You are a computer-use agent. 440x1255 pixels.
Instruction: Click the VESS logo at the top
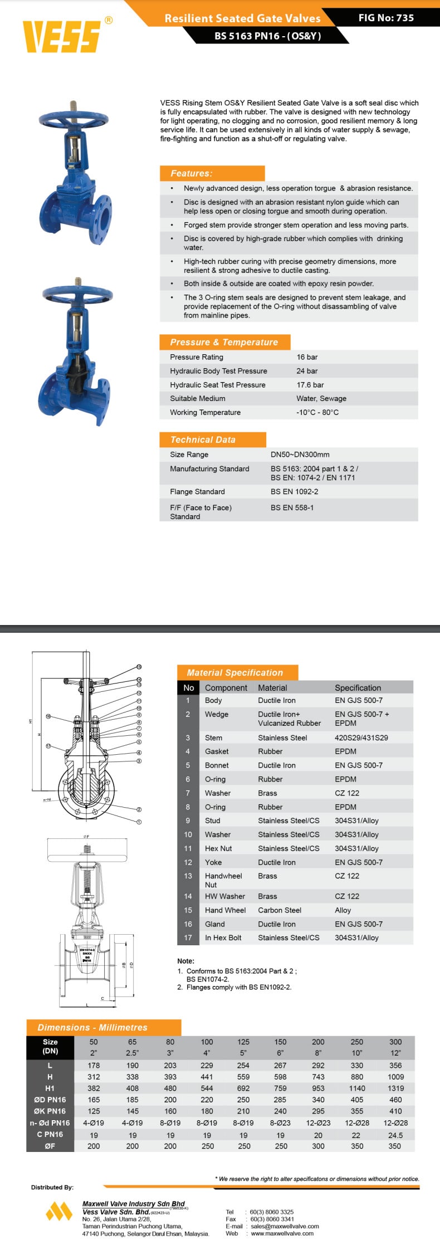[x=61, y=36]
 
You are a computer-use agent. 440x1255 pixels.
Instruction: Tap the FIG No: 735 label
[x=386, y=18]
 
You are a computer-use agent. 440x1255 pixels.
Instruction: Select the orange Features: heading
[x=192, y=173]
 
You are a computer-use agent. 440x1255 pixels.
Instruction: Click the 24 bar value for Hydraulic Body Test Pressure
[x=307, y=371]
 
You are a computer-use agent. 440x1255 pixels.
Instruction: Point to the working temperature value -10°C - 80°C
[x=317, y=413]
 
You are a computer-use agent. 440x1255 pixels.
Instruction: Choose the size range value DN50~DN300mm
[x=300, y=455]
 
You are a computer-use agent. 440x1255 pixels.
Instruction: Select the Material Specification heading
[x=234, y=672]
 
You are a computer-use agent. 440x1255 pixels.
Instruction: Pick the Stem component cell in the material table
[x=213, y=738]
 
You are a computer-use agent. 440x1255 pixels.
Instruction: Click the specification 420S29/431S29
[x=361, y=738]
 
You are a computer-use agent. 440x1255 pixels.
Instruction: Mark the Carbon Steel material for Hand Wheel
[x=280, y=910]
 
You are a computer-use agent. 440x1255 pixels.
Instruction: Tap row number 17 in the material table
[x=188, y=937]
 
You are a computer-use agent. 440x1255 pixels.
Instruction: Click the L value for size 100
[x=207, y=1065]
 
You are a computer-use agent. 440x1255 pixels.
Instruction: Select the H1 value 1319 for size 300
[x=395, y=1088]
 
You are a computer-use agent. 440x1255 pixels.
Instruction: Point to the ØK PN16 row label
[x=50, y=1111]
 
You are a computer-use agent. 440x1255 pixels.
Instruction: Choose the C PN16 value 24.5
[x=395, y=1135]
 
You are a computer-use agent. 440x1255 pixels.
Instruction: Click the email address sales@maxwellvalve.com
[x=285, y=1226]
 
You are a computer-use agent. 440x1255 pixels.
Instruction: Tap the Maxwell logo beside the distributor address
[x=59, y=1212]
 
